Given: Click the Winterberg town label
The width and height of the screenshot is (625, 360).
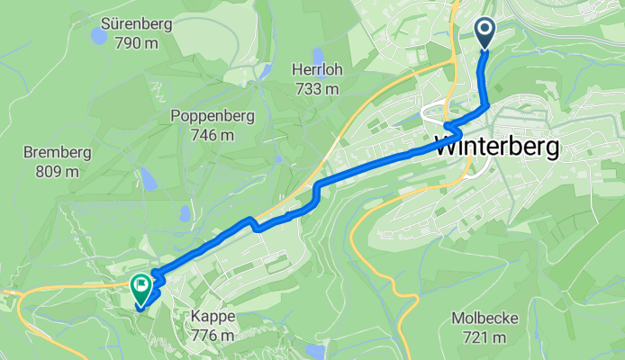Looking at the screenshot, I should click(497, 147).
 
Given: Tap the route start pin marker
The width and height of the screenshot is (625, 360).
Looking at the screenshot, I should click(485, 33).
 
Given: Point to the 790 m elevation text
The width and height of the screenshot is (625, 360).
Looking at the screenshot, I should click(137, 41).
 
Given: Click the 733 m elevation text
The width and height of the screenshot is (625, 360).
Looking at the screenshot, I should click(315, 88).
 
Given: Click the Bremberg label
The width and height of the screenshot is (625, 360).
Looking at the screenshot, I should click(57, 151).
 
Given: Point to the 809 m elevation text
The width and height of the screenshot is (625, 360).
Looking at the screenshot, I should click(56, 169).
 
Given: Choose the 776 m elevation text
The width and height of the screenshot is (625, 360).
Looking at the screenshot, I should click(213, 335).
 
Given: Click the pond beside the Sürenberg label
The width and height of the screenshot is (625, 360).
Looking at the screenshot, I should click(96, 36).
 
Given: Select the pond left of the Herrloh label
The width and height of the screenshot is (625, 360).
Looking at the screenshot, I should click(265, 69).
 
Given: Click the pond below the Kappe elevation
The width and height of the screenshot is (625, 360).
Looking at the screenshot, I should click(314, 350).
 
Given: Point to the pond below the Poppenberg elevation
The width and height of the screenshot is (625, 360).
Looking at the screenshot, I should click(184, 213).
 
